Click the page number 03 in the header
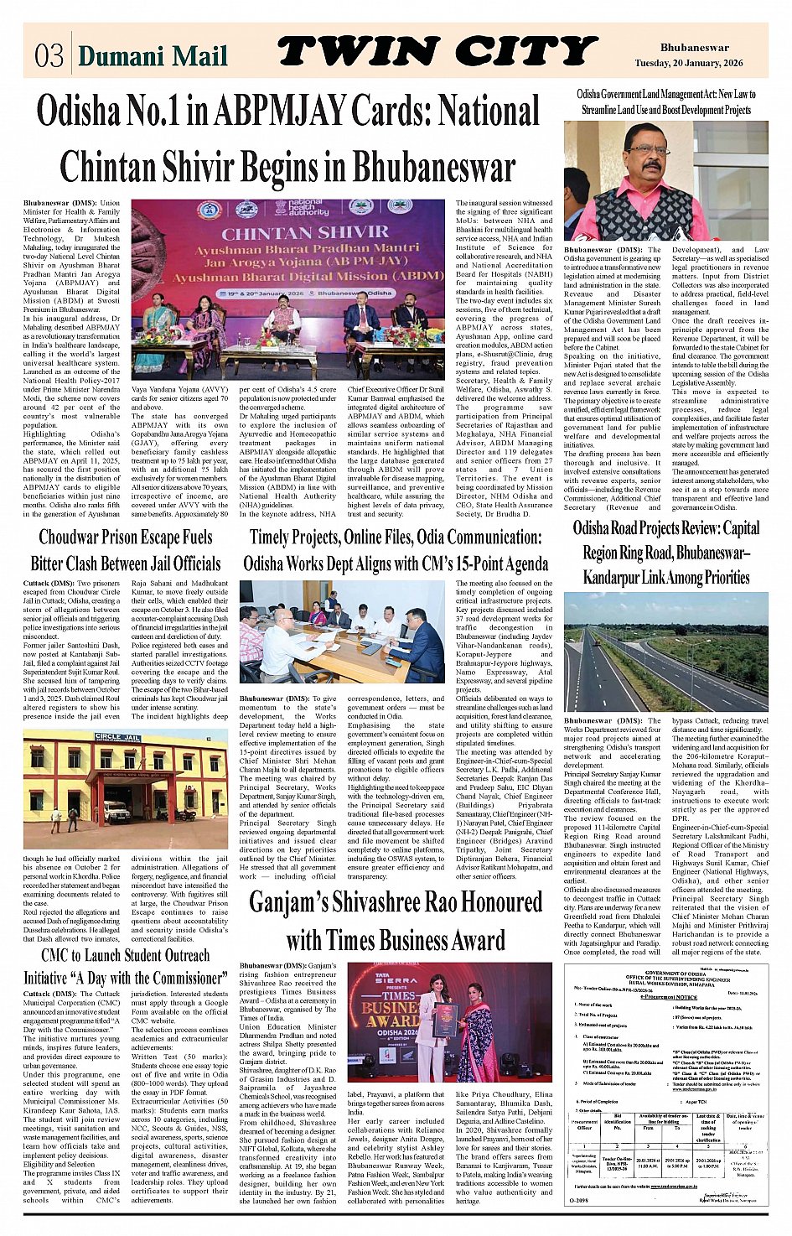(49, 55)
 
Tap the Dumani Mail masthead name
(153, 56)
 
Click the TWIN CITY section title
(437, 52)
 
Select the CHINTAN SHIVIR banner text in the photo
(305, 232)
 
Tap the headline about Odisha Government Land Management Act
(666, 102)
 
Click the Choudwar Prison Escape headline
(126, 550)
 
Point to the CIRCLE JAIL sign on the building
(117, 737)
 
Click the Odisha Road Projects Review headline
(666, 553)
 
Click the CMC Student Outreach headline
(126, 966)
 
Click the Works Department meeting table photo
(342, 633)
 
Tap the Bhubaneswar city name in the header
(694, 48)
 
